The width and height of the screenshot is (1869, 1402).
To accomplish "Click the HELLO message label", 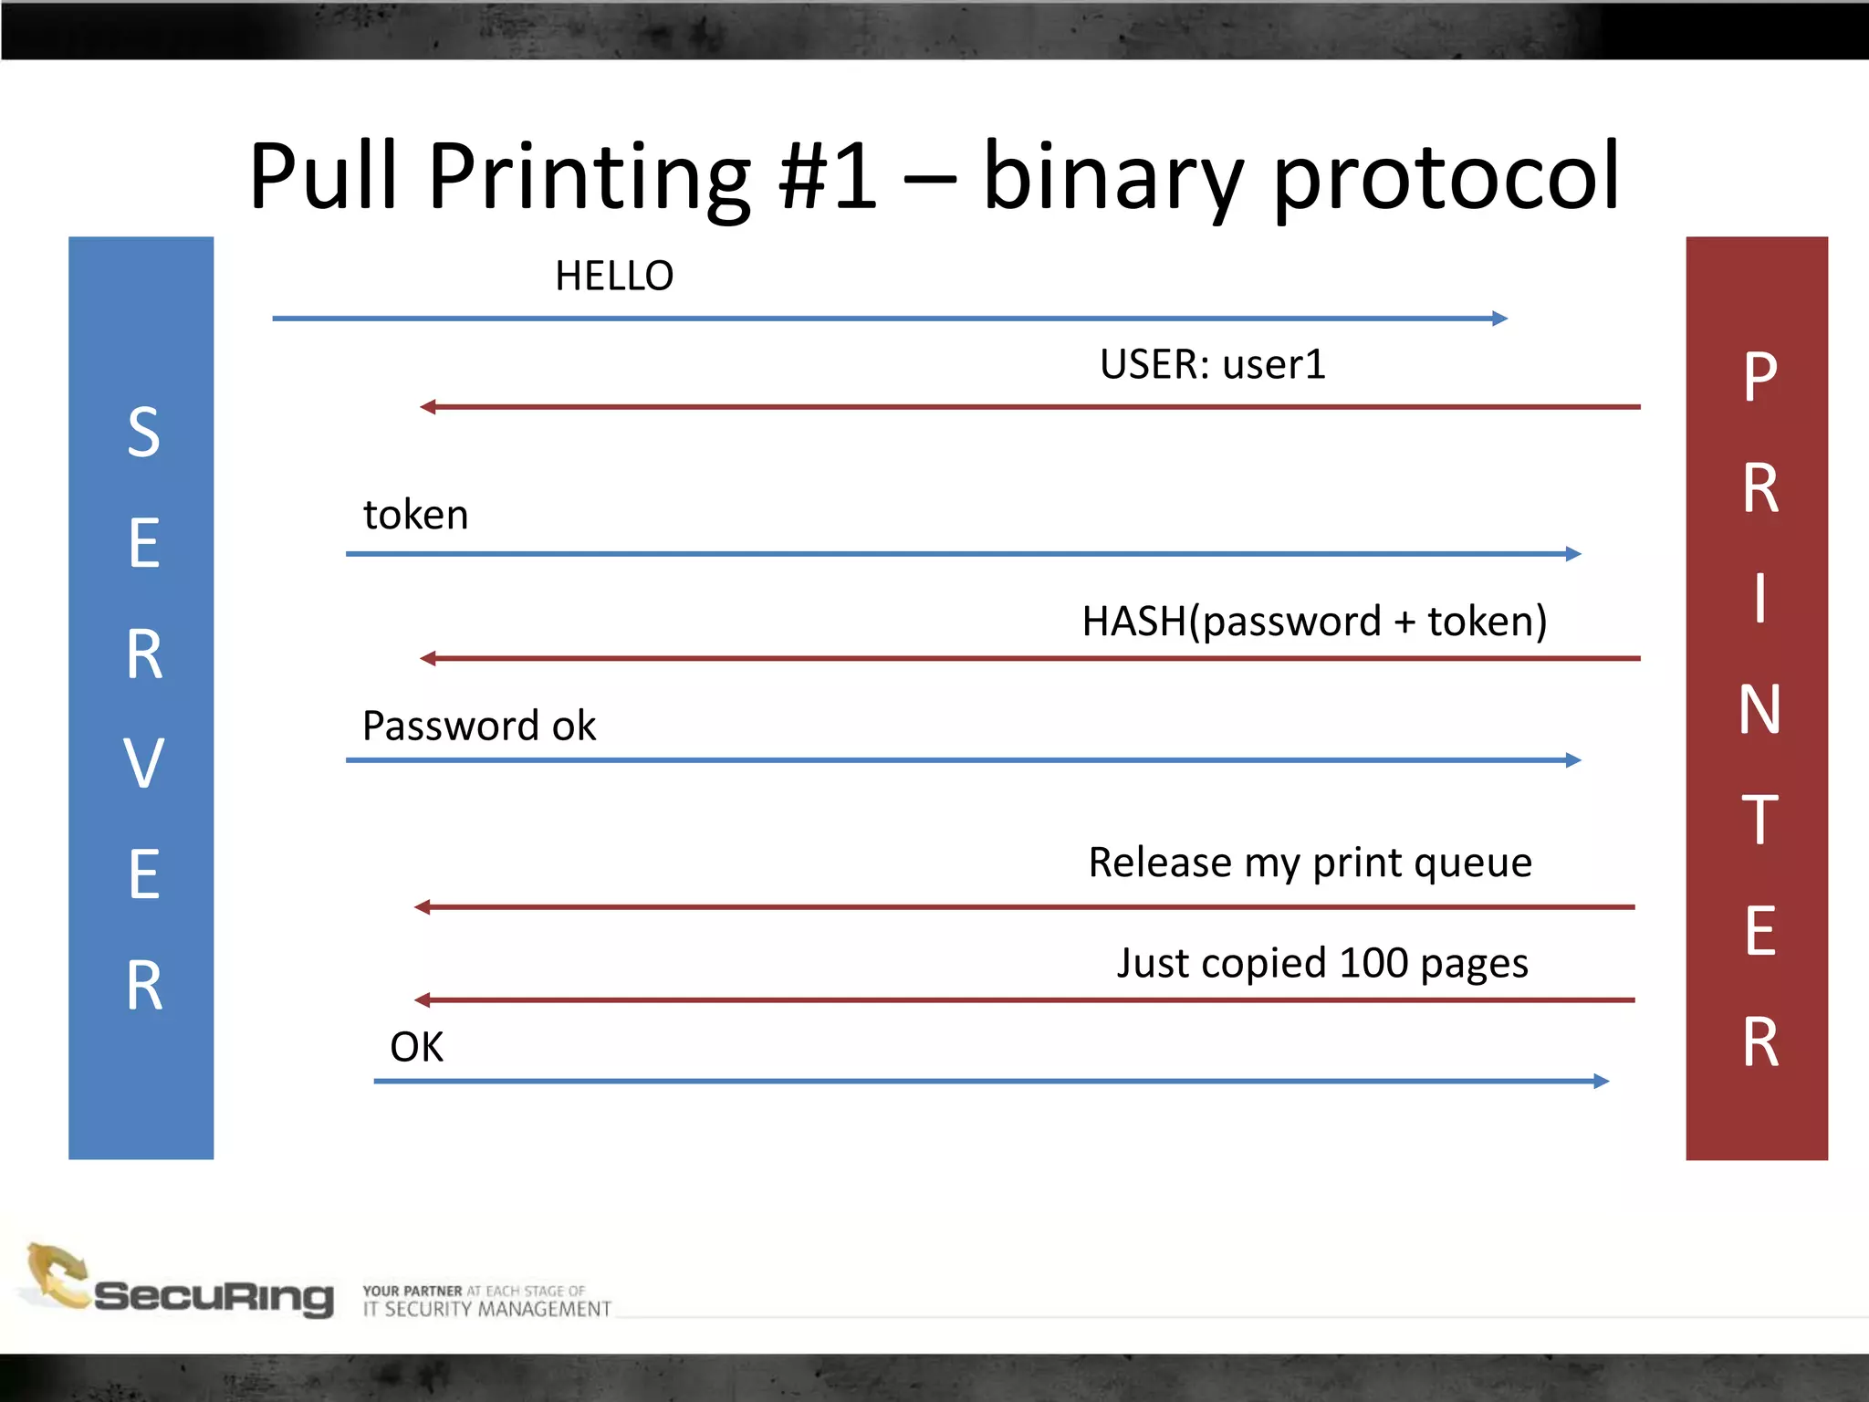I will click(614, 276).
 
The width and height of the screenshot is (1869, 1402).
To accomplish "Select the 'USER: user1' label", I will click(1212, 364).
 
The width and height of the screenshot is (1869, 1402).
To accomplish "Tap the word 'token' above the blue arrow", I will click(416, 515).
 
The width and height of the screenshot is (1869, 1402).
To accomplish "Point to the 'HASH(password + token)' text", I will click(1314, 622).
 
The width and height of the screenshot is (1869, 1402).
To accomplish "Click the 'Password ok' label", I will click(479, 727).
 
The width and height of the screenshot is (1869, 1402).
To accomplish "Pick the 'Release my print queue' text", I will click(1310, 863).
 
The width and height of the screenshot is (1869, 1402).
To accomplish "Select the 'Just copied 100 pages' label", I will click(1322, 964).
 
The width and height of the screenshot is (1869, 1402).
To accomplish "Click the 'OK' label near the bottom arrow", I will click(417, 1047).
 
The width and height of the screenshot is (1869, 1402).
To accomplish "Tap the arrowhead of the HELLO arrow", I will click(1499, 319).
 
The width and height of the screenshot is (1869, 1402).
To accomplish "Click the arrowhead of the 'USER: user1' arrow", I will click(428, 407).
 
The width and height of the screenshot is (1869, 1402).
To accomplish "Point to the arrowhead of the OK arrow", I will click(1601, 1082).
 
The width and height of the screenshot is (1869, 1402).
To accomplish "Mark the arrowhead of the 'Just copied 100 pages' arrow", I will click(423, 1000).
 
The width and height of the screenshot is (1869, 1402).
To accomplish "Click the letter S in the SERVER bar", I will click(143, 433).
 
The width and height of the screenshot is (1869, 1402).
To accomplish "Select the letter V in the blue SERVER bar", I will click(143, 763).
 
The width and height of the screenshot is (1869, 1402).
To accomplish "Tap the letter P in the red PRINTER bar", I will click(1760, 376).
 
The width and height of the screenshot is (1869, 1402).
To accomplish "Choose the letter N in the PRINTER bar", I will click(1759, 710).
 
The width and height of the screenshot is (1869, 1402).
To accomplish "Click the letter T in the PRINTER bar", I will click(1759, 820).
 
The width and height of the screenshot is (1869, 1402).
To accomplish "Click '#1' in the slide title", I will click(827, 175).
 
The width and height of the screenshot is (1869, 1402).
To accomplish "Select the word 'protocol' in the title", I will click(1446, 178).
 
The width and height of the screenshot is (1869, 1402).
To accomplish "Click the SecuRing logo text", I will click(214, 1296).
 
